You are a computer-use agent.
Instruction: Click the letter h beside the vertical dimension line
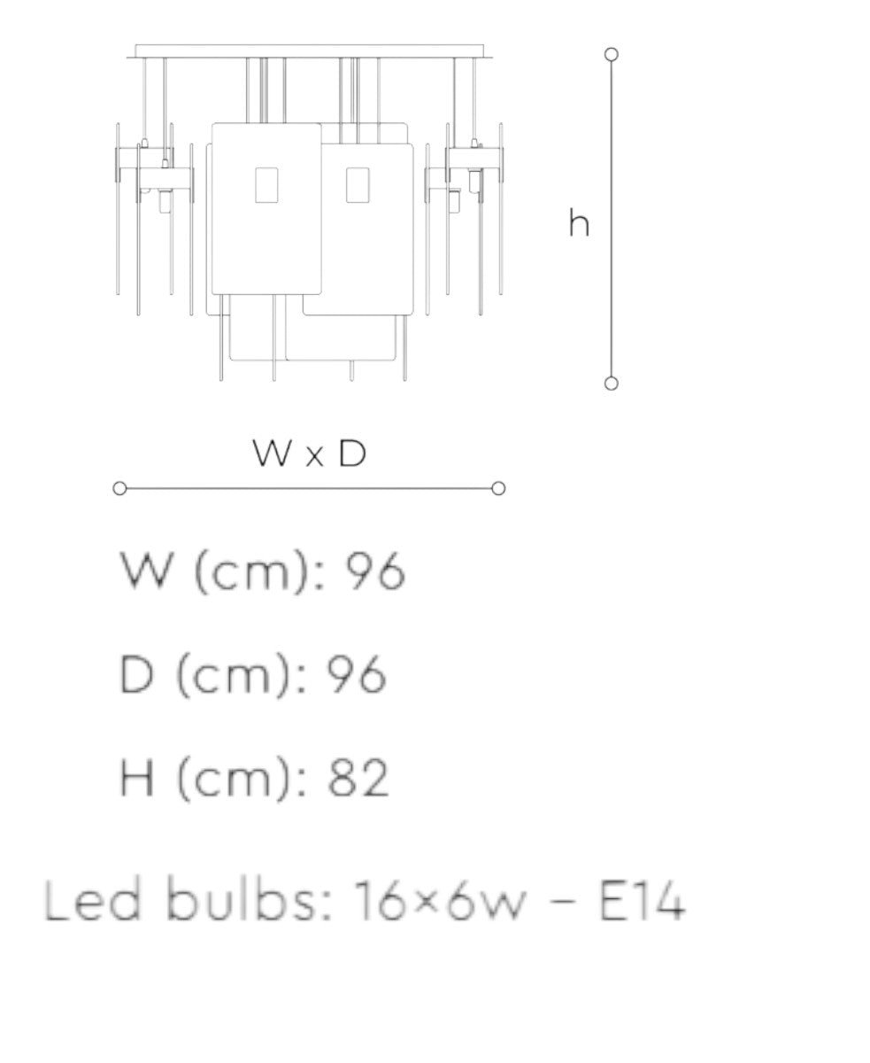pyautogui.click(x=579, y=222)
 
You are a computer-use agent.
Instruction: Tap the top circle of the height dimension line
pyautogui.click(x=612, y=54)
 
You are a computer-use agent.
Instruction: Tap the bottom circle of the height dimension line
pyautogui.click(x=612, y=384)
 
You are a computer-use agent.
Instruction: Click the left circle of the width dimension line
pyautogui.click(x=119, y=488)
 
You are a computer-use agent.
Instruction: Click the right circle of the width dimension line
pyautogui.click(x=498, y=488)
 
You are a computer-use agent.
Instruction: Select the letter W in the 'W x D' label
pyautogui.click(x=273, y=453)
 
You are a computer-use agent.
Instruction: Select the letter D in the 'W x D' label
pyautogui.click(x=352, y=453)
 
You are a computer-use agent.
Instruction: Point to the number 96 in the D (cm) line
pyautogui.click(x=357, y=675)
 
